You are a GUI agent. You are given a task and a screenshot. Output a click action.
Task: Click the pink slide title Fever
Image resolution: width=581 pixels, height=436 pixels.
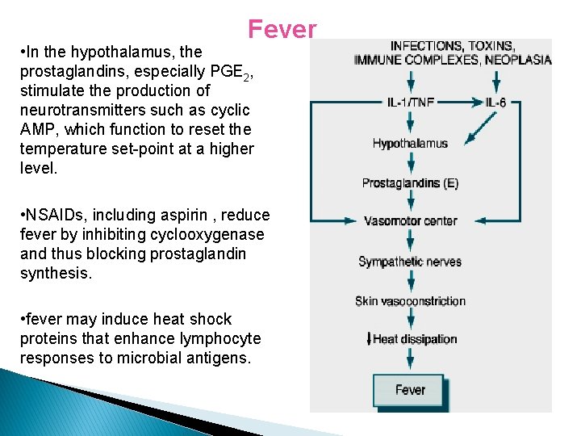(x=282, y=29)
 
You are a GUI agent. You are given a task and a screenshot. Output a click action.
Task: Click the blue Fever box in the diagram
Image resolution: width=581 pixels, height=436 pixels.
(x=409, y=390)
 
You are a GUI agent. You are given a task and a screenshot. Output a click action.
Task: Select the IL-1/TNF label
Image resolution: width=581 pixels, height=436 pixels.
(x=410, y=103)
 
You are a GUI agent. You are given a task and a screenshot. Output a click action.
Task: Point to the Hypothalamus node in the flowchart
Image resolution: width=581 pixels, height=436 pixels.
(x=410, y=144)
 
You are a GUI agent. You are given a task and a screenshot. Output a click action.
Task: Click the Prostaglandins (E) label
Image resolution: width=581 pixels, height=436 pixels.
(x=410, y=183)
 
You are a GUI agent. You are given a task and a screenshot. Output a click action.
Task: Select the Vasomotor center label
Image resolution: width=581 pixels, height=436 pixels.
(x=410, y=221)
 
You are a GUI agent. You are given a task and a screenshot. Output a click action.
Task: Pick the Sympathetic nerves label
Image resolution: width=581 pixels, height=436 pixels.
(x=410, y=262)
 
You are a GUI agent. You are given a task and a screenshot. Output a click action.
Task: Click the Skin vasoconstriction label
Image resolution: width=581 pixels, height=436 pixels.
(x=410, y=301)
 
